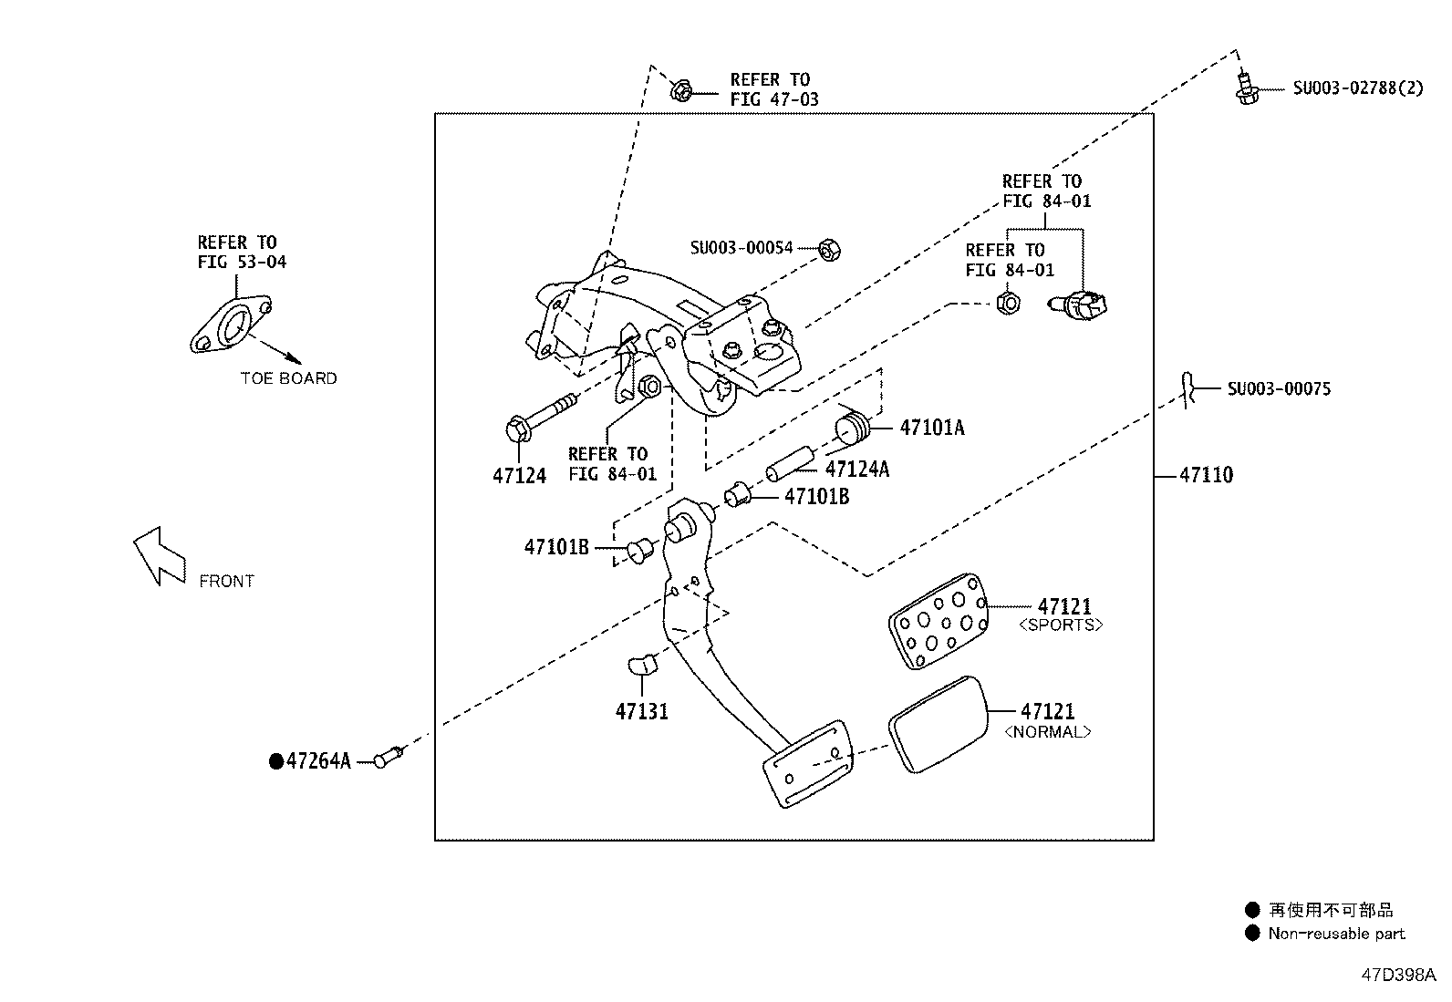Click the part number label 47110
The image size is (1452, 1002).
1206,475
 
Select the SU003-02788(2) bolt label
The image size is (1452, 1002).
1358,88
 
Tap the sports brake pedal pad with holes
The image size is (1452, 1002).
938,621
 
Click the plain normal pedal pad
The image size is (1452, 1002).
939,725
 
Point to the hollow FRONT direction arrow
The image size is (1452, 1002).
159,556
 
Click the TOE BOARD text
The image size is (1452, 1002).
288,378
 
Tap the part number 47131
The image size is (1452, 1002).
641,711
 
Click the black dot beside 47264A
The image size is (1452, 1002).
276,761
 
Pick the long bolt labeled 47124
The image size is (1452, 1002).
541,418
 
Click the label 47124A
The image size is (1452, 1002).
857,469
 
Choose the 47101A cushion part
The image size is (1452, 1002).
853,427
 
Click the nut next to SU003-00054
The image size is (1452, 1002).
830,250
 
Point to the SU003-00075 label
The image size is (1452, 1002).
1279,389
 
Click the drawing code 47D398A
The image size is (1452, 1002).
1398,975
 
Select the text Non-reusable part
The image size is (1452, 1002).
1336,934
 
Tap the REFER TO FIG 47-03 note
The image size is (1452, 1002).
774,89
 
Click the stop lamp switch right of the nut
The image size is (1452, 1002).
1077,305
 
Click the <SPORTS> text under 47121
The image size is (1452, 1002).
1061,625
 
